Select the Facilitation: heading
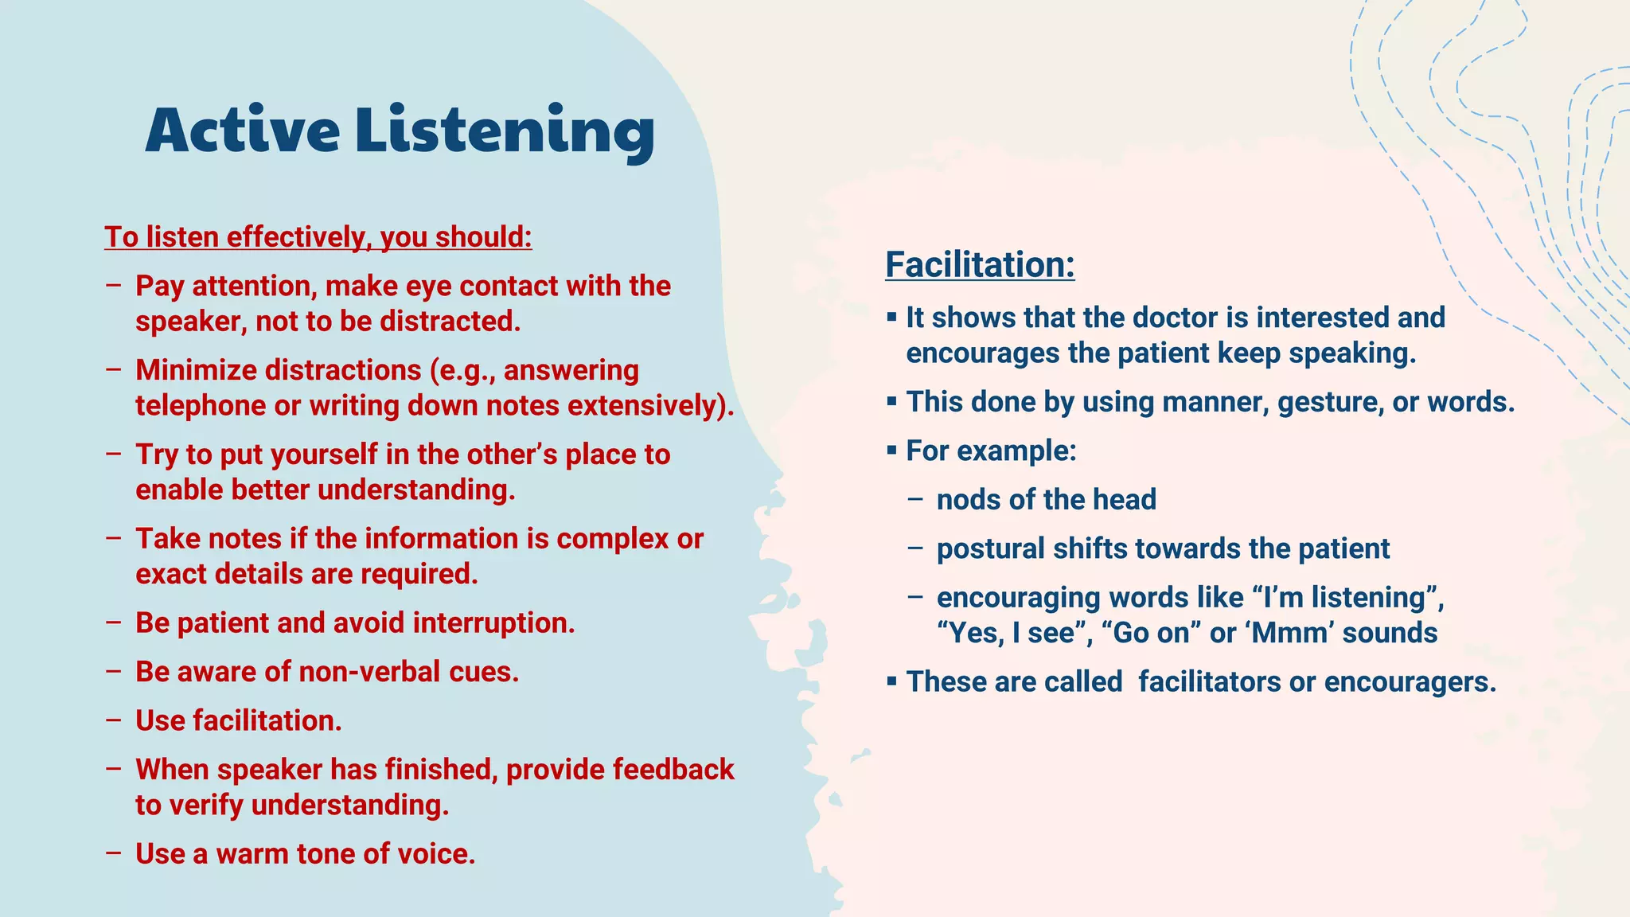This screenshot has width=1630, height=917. [x=980, y=265]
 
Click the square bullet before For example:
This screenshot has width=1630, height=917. [x=891, y=451]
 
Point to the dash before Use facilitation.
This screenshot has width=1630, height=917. [x=113, y=720]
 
